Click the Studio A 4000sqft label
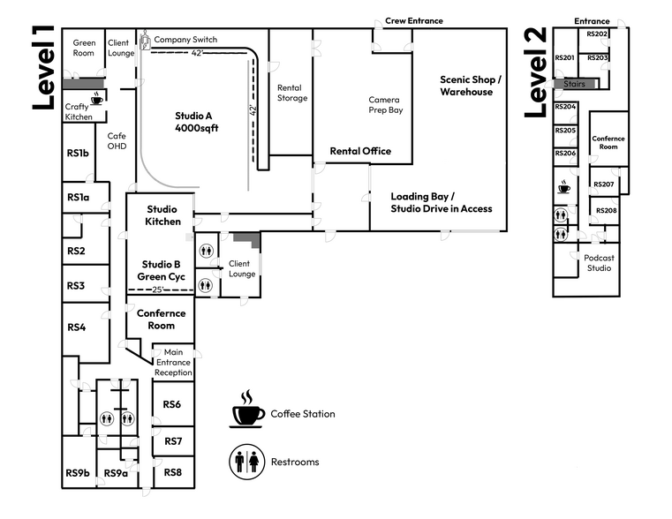tap(195, 122)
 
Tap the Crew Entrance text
tap(413, 20)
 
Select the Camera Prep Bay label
tap(385, 104)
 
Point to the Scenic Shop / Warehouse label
tap(471, 86)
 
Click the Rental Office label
tap(360, 151)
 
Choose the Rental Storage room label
tap(292, 93)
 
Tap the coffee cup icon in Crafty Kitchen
tap(96, 99)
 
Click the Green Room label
tap(84, 48)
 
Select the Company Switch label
tap(185, 40)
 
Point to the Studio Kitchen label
tap(163, 215)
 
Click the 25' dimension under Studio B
tap(158, 290)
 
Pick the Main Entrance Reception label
tap(173, 363)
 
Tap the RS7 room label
tap(173, 441)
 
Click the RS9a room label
tap(116, 474)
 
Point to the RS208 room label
tap(606, 211)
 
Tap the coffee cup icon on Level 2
tap(563, 187)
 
